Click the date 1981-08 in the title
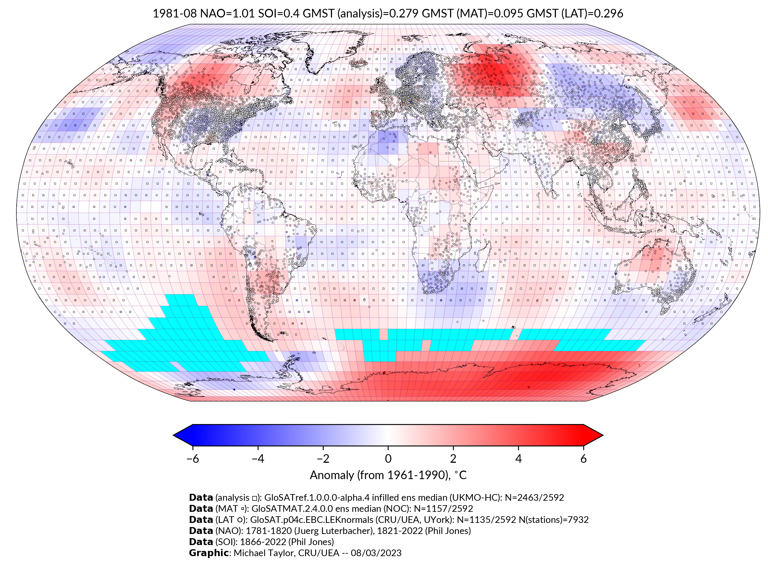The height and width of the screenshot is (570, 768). tap(174, 14)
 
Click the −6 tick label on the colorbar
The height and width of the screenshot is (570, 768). tap(193, 459)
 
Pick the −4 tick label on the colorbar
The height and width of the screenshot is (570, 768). tap(258, 459)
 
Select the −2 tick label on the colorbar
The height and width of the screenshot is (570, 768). tap(323, 459)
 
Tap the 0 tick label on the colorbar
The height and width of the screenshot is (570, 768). tap(388, 459)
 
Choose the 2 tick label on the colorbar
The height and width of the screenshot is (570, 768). tap(453, 459)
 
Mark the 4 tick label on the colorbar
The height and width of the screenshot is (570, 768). tap(518, 459)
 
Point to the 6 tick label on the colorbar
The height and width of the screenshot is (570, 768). tap(583, 459)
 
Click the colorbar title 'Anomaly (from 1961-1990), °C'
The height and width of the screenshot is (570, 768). tap(388, 475)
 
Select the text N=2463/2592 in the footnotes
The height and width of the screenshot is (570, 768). tap(534, 498)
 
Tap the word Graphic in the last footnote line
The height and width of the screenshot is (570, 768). tap(208, 553)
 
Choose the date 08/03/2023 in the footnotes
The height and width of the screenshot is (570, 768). tap(376, 553)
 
